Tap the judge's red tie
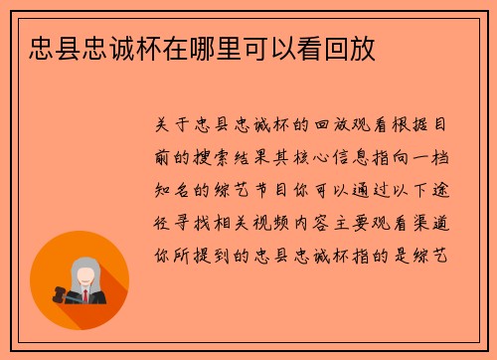coord(84,295)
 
